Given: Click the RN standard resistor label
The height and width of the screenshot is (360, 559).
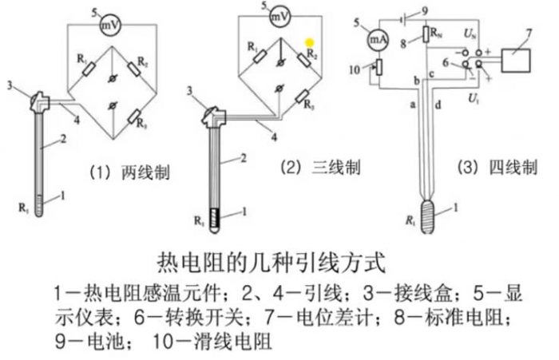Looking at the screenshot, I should click(x=437, y=34).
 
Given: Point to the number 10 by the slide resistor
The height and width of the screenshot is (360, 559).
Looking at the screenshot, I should click(x=357, y=70).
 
